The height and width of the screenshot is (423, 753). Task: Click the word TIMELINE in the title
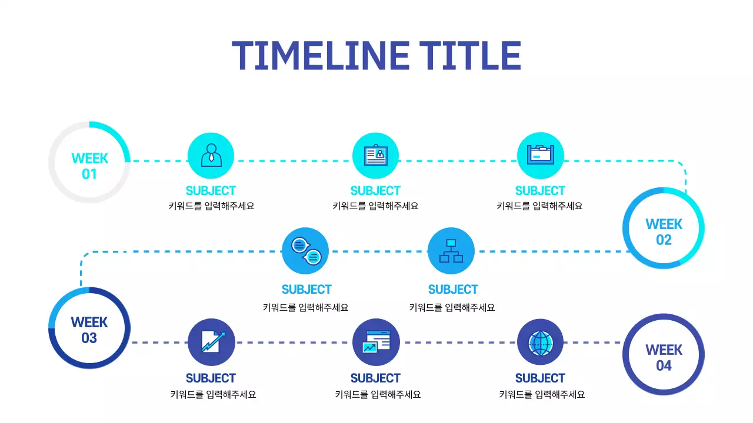(320, 56)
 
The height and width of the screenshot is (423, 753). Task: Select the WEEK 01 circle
(89, 162)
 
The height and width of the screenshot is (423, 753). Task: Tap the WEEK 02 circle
(664, 228)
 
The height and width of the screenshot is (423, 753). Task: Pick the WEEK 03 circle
(89, 329)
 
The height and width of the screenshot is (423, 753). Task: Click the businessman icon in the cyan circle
(211, 156)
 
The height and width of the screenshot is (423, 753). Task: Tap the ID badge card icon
(375, 156)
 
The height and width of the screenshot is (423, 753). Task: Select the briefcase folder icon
(540, 156)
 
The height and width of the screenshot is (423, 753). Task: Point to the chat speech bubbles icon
(305, 251)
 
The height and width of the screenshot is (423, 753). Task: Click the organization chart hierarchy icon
(451, 251)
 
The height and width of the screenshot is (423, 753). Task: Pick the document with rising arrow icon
(211, 342)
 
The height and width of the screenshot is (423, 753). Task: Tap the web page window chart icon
(375, 342)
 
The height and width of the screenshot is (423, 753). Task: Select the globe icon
(540, 342)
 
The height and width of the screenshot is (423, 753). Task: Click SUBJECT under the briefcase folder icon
(540, 191)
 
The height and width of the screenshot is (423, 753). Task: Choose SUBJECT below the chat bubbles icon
(306, 290)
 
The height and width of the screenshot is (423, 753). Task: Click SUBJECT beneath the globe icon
(540, 378)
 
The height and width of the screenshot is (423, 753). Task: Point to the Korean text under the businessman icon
(211, 206)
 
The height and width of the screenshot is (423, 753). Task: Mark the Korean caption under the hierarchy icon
(452, 307)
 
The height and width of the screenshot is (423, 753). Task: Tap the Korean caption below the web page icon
(378, 395)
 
